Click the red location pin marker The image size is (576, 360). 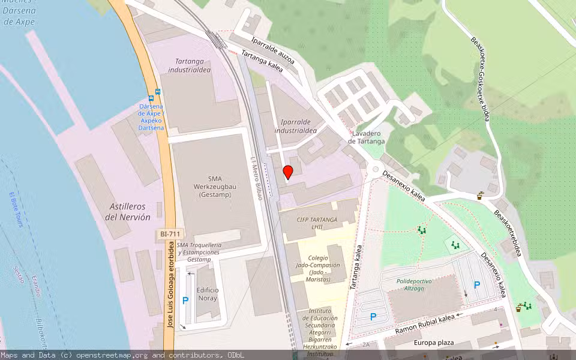(x=288, y=172)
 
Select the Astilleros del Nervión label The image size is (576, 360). (x=128, y=211)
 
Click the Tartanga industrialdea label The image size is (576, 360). (x=193, y=65)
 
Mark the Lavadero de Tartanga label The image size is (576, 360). (x=366, y=137)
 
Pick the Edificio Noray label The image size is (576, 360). (x=208, y=294)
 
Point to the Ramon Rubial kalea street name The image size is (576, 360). (x=425, y=325)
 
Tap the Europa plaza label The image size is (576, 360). (x=434, y=343)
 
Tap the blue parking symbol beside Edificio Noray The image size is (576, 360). (x=185, y=301)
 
